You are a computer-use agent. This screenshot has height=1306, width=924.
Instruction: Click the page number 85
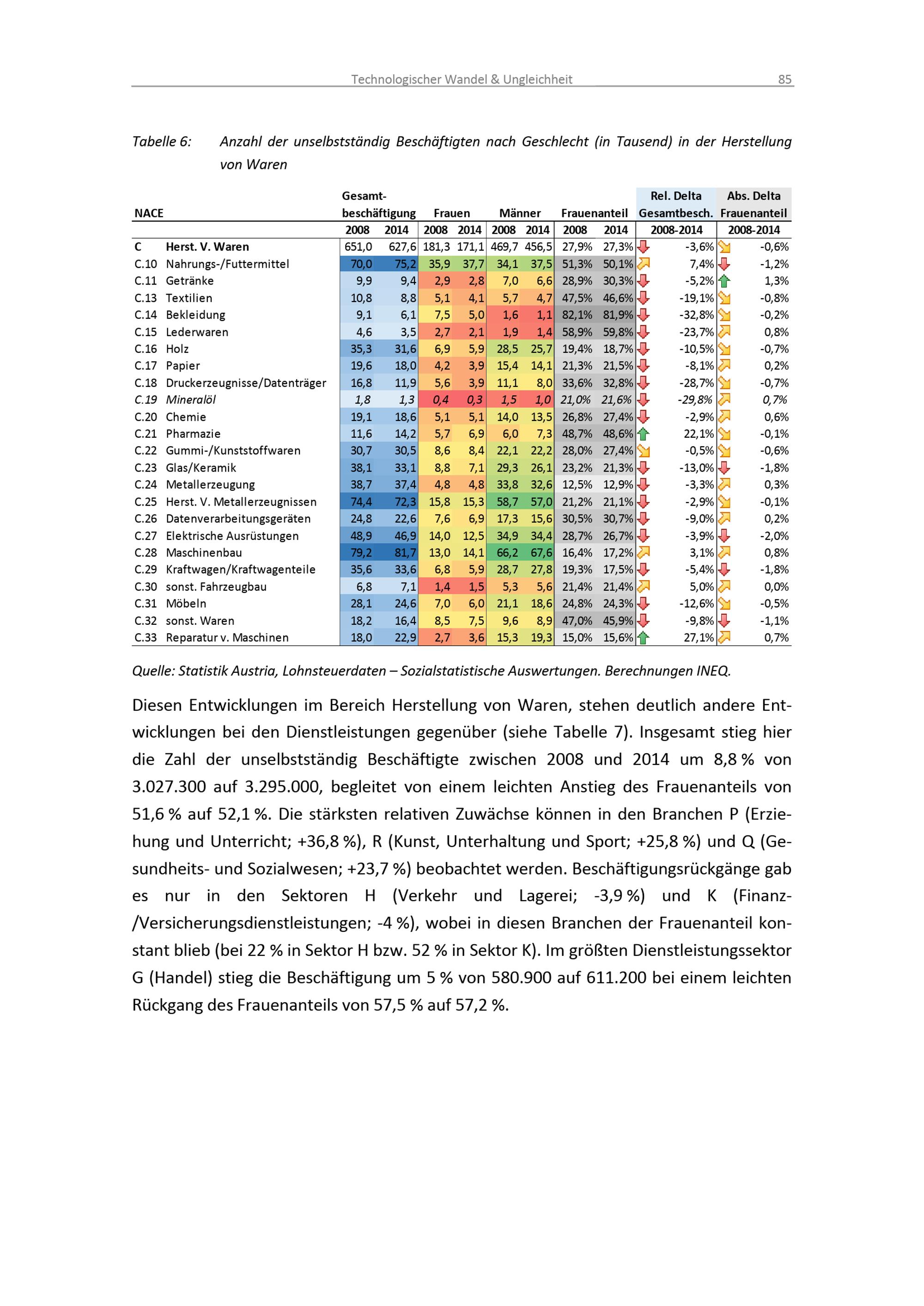(784, 79)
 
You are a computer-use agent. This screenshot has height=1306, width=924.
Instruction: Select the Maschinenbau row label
(204, 552)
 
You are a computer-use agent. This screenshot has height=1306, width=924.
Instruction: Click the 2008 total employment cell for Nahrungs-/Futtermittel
(361, 264)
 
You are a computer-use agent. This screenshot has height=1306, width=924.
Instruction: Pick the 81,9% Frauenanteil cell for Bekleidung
(618, 314)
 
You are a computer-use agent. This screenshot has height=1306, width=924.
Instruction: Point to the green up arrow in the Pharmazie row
(643, 434)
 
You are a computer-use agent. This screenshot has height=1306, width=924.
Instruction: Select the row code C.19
(146, 400)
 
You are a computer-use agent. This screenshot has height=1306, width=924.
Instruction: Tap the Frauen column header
(452, 213)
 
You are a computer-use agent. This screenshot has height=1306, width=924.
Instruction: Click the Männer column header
(520, 213)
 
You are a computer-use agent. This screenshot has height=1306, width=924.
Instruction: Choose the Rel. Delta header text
(676, 196)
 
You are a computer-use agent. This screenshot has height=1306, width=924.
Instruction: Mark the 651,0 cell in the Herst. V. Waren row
(358, 247)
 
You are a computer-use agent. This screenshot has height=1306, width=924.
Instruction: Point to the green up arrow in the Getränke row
(724, 281)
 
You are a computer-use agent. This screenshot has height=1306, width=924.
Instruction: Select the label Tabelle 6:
(162, 142)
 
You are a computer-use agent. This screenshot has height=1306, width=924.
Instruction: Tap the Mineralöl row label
(191, 400)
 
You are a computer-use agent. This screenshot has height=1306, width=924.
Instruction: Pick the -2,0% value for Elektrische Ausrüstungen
(774, 536)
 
